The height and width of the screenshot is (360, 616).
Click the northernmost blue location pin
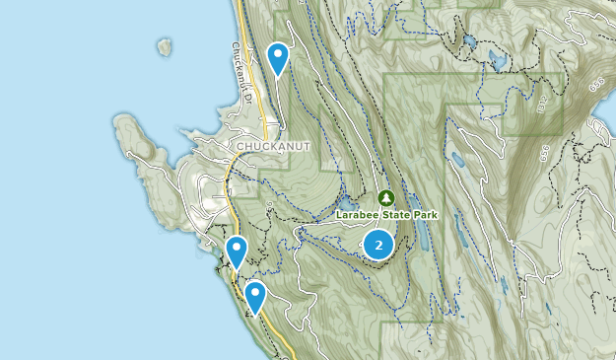pos(279,58)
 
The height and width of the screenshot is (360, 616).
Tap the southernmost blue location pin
pos(255,295)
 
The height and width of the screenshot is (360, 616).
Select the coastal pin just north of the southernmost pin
pos(236,252)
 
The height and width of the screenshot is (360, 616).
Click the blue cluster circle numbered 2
pos(378,245)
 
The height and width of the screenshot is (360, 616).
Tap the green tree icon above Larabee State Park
pos(385,198)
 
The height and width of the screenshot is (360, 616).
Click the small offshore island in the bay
pos(164,46)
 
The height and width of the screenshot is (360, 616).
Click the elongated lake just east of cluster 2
pos(421,235)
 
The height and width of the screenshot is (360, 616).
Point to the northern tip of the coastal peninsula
pos(124,119)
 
